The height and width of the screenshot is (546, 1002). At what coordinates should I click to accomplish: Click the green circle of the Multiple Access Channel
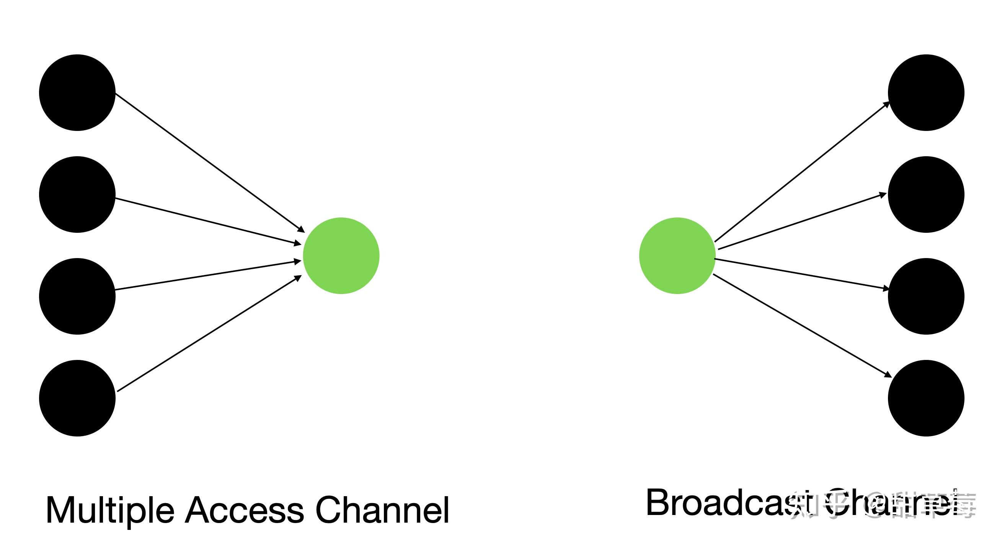(x=341, y=256)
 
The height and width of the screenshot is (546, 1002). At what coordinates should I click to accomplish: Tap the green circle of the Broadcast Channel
(x=677, y=256)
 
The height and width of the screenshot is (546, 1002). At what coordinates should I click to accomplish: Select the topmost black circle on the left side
(x=77, y=93)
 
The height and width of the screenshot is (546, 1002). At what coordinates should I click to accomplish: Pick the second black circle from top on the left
(x=77, y=195)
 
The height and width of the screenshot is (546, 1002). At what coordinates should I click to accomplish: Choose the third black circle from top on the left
(x=77, y=296)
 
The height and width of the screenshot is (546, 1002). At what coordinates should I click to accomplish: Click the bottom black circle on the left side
(x=77, y=398)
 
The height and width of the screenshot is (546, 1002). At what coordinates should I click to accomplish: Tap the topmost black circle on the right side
(x=926, y=93)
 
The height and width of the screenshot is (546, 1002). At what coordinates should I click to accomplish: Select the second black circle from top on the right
(x=926, y=195)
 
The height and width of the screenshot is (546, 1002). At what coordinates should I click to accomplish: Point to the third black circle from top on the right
(x=926, y=296)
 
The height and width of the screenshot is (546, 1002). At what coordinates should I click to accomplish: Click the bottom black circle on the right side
(x=926, y=398)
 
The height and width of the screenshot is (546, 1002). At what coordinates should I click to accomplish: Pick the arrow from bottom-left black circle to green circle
(x=209, y=333)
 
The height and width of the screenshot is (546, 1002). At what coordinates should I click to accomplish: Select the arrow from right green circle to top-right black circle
(x=802, y=172)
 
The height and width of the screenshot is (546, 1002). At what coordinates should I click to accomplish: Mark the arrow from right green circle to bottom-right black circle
(x=803, y=326)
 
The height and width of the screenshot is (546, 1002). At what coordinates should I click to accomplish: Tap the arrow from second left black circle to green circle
(x=209, y=221)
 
